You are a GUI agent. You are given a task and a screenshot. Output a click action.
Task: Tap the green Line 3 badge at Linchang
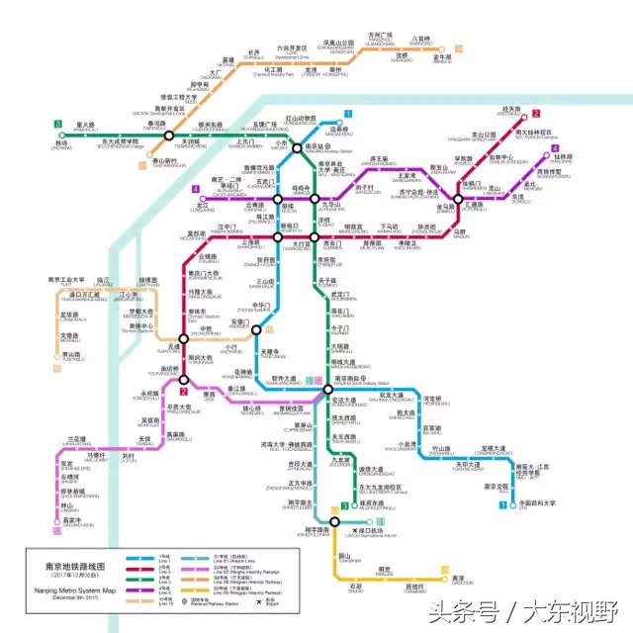pyautogui.click(x=58, y=124)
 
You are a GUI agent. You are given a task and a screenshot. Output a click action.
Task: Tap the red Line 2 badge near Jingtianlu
pyautogui.click(x=535, y=115)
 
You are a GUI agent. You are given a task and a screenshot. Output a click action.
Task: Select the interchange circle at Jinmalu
pyautogui.click(x=456, y=196)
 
